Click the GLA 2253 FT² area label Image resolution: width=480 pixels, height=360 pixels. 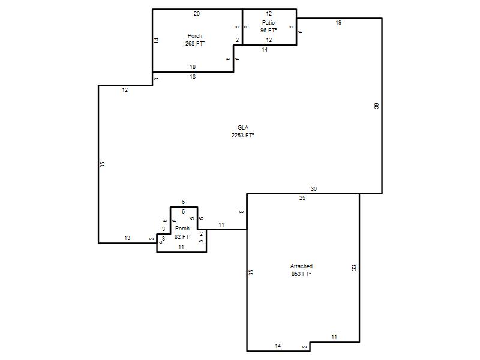pyautogui.click(x=243, y=131)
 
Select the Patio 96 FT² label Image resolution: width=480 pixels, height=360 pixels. pyautogui.click(x=268, y=26)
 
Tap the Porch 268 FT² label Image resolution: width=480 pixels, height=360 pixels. pyautogui.click(x=194, y=40)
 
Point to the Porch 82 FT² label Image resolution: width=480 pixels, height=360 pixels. pyautogui.click(x=182, y=233)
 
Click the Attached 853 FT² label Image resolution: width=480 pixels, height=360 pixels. pyautogui.click(x=301, y=270)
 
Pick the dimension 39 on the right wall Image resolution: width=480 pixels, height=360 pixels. pyautogui.click(x=377, y=106)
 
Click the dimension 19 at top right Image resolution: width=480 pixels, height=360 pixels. pyautogui.click(x=338, y=23)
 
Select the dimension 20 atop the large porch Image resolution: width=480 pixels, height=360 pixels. pyautogui.click(x=197, y=13)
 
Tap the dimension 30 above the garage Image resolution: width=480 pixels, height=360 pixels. pyautogui.click(x=314, y=189)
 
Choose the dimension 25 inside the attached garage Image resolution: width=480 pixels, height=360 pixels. pyautogui.click(x=302, y=198)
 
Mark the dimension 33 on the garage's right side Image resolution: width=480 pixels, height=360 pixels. pyautogui.click(x=354, y=268)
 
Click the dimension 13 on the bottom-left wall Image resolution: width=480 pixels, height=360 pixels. pyautogui.click(x=127, y=238)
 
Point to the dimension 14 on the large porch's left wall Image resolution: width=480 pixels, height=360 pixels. pyautogui.click(x=157, y=40)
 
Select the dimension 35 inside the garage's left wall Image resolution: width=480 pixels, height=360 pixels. pyautogui.click(x=251, y=272)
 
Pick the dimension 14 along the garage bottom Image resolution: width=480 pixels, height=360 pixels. pyautogui.click(x=278, y=346)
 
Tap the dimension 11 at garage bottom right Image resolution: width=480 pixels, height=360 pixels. pyautogui.click(x=334, y=337)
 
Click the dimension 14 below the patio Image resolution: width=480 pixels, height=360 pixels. pyautogui.click(x=265, y=50)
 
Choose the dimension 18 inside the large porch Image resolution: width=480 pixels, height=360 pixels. pyautogui.click(x=193, y=67)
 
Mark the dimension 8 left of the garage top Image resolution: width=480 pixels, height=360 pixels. pyautogui.click(x=242, y=212)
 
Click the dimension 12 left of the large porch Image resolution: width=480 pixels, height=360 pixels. pyautogui.click(x=125, y=89)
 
